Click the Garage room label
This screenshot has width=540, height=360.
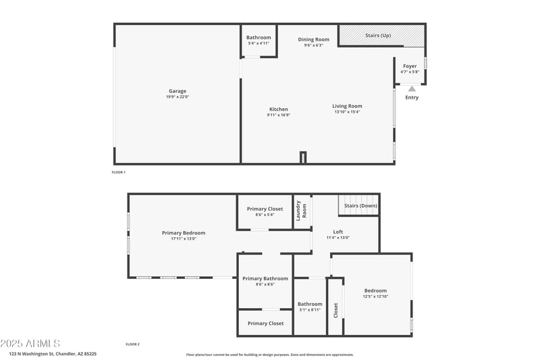178,91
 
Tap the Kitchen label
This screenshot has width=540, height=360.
279,109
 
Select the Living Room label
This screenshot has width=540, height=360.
347,106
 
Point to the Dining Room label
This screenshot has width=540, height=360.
314,40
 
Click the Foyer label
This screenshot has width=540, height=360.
410,66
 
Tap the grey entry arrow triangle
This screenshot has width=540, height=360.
412,88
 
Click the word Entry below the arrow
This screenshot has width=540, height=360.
412,98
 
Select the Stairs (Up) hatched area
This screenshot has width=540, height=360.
381,36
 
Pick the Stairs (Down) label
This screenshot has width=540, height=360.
360,205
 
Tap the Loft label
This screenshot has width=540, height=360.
337,232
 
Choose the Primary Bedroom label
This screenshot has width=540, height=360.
184,233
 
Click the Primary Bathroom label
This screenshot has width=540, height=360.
265,278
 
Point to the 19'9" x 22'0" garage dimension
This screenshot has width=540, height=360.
178,97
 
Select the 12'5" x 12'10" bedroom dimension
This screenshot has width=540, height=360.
376,297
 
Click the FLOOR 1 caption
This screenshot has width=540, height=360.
119,172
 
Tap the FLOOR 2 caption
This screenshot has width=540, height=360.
132,344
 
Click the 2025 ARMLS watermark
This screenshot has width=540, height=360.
30,343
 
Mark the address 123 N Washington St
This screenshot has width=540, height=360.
53,353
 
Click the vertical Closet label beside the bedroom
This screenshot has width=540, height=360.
335,309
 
